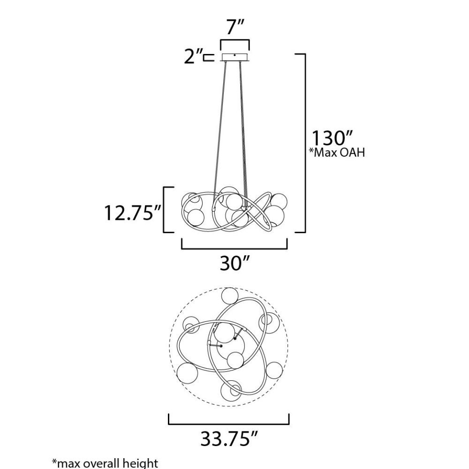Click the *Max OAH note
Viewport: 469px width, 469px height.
(x=337, y=152)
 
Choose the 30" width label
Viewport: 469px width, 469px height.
(x=234, y=263)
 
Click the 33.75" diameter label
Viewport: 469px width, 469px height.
(x=229, y=439)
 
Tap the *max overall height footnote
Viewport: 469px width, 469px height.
(x=105, y=463)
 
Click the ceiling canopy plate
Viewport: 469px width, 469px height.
(x=235, y=57)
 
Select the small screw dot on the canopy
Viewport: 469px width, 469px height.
(x=235, y=55)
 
